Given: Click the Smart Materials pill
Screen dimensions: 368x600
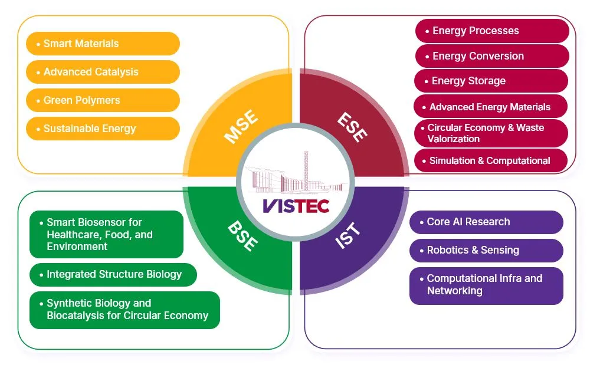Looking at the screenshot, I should (x=103, y=44).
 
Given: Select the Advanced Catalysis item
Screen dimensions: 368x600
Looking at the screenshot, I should (x=103, y=72).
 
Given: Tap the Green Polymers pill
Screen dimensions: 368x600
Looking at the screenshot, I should (x=103, y=100).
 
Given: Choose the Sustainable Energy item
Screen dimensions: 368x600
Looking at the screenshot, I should (x=103, y=129).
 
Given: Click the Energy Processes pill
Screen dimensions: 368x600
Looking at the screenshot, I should (x=492, y=31).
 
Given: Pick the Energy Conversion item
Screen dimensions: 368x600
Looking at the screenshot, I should (x=492, y=56).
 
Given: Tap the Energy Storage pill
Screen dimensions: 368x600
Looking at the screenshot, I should (x=492, y=81).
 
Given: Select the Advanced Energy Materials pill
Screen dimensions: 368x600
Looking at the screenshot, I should (x=492, y=107).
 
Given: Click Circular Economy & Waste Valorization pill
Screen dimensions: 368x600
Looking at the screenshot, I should (x=492, y=133).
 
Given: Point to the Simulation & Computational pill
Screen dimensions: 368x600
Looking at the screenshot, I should (x=492, y=160).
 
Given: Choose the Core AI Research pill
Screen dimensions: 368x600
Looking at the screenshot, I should (x=486, y=222).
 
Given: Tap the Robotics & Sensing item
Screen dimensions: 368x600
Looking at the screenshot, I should (x=486, y=250).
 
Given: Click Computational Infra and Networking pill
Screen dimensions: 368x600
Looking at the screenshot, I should (x=486, y=285).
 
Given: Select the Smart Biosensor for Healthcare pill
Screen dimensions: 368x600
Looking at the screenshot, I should (x=106, y=234).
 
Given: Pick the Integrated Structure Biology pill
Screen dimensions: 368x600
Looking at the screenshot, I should (x=113, y=274).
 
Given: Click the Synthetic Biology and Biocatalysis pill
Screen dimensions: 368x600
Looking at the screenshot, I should (x=124, y=310).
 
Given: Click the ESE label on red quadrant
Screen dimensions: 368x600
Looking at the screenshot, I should (x=353, y=126).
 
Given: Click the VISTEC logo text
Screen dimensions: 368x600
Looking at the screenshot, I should (x=296, y=206).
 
